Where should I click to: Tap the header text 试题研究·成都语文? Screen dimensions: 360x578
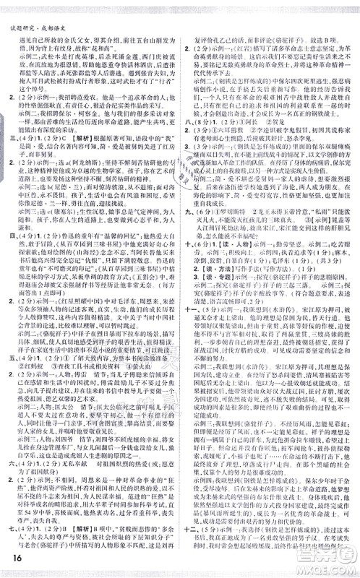[x=36, y=8]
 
